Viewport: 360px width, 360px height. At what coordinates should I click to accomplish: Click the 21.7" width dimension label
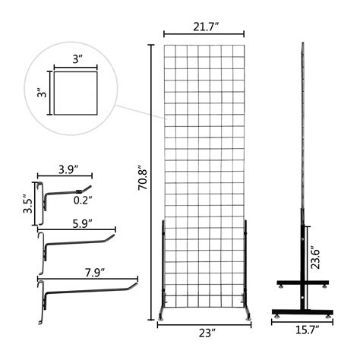pyautogui.click(x=204, y=28)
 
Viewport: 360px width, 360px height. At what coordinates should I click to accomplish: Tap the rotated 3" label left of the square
pyautogui.click(x=43, y=93)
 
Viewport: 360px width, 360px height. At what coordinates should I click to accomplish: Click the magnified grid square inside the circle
pyautogui.click(x=76, y=93)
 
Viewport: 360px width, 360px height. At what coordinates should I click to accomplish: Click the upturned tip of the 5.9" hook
pyautogui.click(x=114, y=238)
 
